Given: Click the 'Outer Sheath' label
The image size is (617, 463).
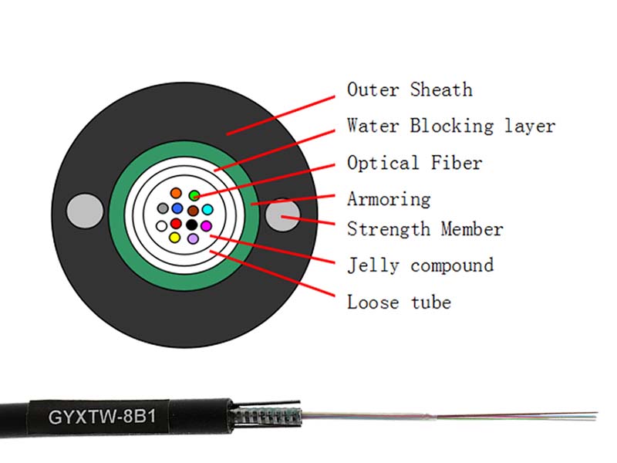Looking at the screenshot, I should click(x=409, y=90).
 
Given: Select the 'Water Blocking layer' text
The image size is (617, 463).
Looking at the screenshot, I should click(x=450, y=126).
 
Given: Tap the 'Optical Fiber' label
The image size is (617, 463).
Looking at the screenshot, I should click(x=414, y=163).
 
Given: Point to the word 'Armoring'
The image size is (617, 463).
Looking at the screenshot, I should click(x=388, y=199).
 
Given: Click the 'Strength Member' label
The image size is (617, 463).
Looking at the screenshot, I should click(x=424, y=229).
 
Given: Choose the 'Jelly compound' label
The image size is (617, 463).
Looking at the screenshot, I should click(x=420, y=265).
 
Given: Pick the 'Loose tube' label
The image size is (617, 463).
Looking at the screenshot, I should click(x=398, y=302).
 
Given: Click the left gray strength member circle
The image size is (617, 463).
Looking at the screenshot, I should click(x=85, y=210).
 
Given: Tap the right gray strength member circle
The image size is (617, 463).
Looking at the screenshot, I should click(x=283, y=215).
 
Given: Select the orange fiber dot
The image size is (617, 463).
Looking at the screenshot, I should click(x=176, y=193).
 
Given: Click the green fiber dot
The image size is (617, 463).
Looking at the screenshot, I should click(x=194, y=196).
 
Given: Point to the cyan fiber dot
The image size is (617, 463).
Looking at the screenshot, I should click(x=207, y=209).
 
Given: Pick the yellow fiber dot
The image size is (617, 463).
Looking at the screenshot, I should click(x=175, y=238).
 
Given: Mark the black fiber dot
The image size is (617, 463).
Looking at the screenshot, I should click(x=191, y=225).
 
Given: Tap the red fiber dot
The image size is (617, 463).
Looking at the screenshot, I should click(x=176, y=224).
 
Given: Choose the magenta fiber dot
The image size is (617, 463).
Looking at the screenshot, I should click(x=206, y=225).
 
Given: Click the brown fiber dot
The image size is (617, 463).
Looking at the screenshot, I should click(x=193, y=210).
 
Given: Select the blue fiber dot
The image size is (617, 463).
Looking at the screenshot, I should click(x=177, y=208).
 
